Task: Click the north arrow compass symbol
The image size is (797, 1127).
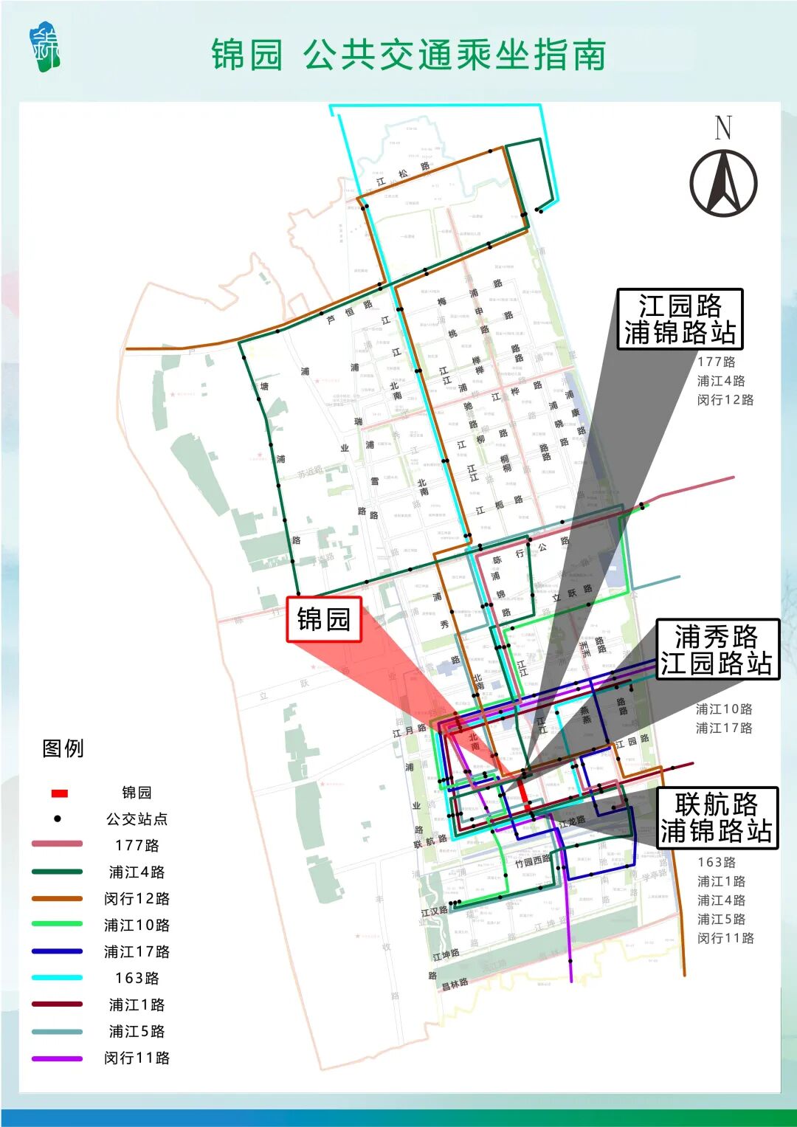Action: [723, 182]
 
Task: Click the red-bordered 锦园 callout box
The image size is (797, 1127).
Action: [324, 619]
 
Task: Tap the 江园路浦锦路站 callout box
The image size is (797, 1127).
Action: [680, 319]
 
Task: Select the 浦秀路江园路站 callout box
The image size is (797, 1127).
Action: [717, 649]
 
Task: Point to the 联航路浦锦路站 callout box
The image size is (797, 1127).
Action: [717, 818]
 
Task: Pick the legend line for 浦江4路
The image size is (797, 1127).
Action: [57, 872]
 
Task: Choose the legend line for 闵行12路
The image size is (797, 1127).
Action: [57, 898]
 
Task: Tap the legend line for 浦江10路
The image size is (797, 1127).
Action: [57, 924]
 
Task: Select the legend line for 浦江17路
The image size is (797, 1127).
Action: [57, 951]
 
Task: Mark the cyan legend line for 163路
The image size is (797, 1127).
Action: [57, 978]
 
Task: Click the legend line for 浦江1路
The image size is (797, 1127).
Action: [57, 1004]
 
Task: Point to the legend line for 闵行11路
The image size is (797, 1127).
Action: [57, 1058]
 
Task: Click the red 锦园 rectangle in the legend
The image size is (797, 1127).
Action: [59, 793]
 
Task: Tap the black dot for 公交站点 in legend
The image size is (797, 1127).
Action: [58, 818]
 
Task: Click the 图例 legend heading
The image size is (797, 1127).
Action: [63, 748]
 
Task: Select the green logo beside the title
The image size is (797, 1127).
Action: [45, 49]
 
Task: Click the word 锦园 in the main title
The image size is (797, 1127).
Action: [247, 55]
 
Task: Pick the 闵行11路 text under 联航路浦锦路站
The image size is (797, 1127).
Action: [725, 938]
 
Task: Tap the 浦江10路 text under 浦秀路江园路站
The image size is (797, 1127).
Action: [724, 709]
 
